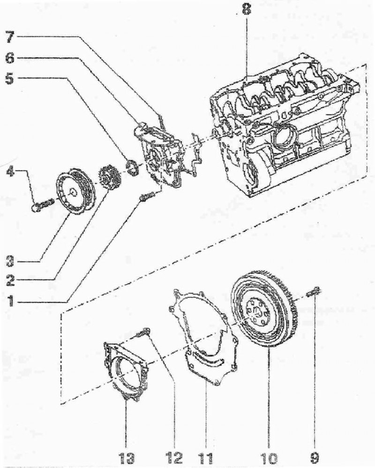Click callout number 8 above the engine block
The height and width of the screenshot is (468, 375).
246,9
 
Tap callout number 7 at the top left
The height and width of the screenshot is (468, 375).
10,38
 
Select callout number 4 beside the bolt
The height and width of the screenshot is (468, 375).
10,172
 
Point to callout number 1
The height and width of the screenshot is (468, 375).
11,301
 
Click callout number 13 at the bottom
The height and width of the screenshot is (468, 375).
126,458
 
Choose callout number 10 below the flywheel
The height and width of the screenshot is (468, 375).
269,458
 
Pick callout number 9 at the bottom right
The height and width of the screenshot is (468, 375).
315,458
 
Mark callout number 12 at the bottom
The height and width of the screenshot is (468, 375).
174,458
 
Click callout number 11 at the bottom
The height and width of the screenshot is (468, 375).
206,458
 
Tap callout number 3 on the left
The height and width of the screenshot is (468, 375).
11,262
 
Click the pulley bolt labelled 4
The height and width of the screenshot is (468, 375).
43,205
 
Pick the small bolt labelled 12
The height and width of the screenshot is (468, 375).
142,333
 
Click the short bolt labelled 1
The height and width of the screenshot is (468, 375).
147,197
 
